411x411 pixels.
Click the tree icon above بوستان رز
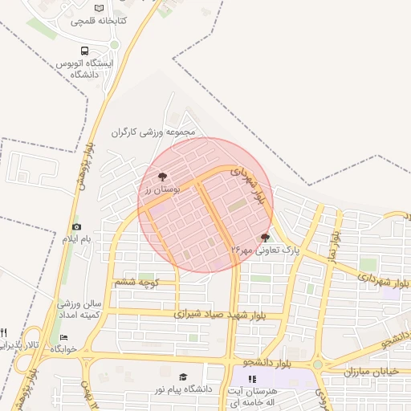pyautogui.click(x=163, y=176)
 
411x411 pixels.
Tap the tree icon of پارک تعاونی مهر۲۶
pyautogui.click(x=266, y=238)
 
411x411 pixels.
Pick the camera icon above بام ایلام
pyautogui.click(x=76, y=227)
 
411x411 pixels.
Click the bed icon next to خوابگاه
pyautogui.click(x=63, y=338)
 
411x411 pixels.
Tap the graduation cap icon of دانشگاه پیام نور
pyautogui.click(x=183, y=376)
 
